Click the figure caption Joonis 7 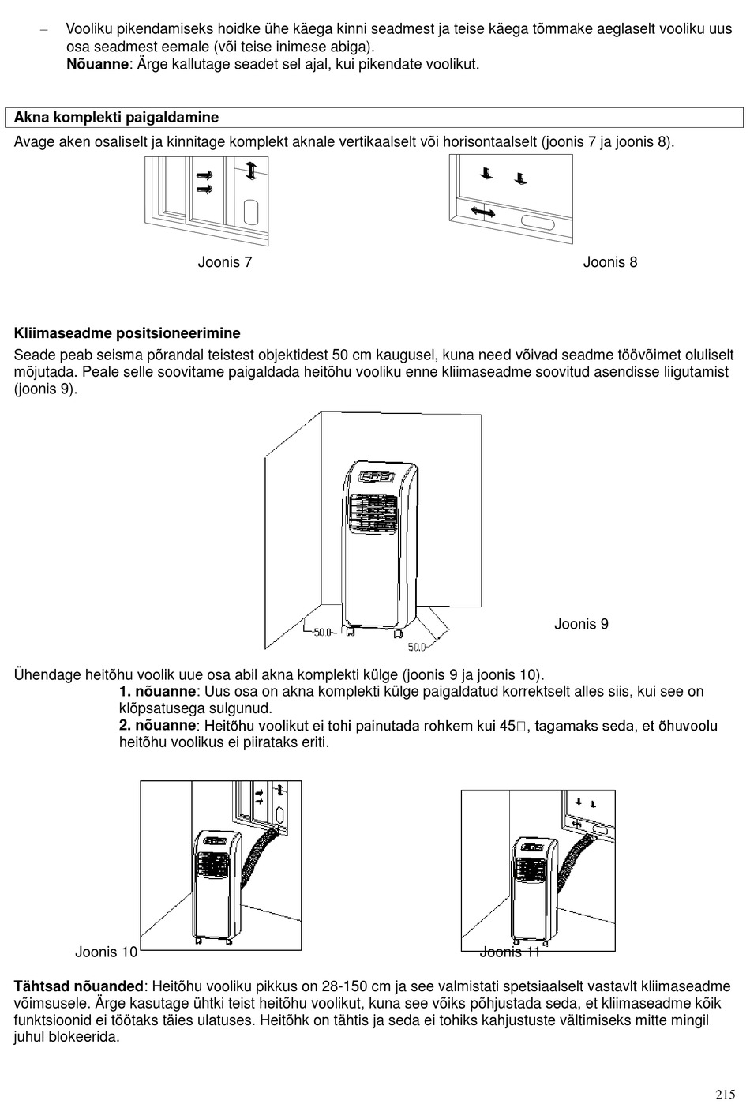pos(225,262)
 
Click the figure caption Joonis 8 pos(609,262)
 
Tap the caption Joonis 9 pos(581,624)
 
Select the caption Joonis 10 pos(107,952)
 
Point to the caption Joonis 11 pos(510,952)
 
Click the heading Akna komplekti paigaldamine pos(117,118)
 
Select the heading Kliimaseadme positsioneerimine pos(127,333)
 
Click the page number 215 pos(726,1095)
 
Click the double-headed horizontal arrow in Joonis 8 pos(482,211)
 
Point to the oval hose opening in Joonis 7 pos(252,212)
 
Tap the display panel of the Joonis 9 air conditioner pos(377,477)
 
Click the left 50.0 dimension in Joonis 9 pos(323,632)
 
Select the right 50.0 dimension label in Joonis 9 pos(417,647)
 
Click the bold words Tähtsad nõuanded pos(79,986)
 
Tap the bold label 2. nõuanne pos(156,725)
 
